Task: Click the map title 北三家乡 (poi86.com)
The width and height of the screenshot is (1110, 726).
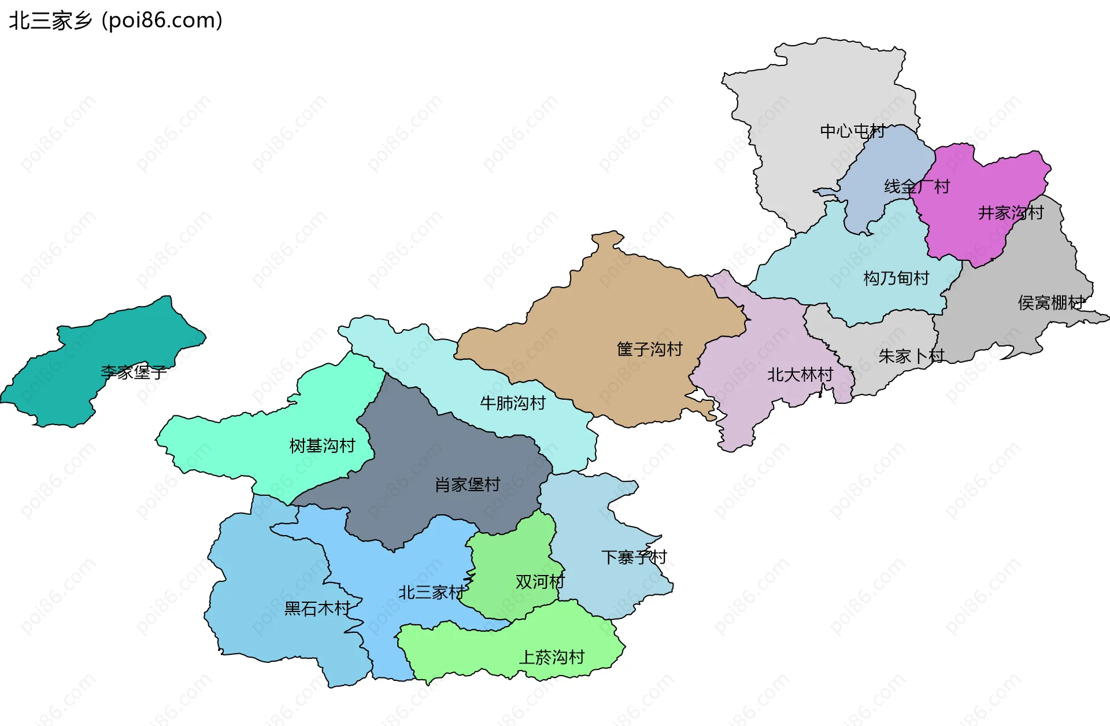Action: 116,21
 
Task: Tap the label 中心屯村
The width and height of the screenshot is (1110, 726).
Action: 852,131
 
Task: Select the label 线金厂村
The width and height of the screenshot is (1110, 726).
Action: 917,186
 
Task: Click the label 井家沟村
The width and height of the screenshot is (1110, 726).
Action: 1011,213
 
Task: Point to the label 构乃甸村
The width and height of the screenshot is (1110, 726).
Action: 896,278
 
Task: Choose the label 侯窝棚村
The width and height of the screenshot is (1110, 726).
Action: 1051,303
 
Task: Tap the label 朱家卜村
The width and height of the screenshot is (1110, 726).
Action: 911,356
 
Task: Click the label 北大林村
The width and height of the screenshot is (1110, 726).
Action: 800,375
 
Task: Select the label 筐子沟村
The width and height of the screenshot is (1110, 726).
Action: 650,349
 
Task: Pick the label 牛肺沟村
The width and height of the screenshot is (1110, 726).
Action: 513,403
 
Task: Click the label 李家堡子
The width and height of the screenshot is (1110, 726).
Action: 134,372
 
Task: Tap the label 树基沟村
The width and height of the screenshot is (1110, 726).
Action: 322,445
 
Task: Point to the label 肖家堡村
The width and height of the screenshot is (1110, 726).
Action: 467,484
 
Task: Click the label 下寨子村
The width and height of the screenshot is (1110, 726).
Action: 634,557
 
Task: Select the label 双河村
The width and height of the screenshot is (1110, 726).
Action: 539,581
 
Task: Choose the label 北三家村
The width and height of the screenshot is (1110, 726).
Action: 431,592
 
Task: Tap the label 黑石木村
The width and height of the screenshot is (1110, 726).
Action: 317,608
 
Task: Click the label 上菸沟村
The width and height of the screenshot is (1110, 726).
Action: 552,657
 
